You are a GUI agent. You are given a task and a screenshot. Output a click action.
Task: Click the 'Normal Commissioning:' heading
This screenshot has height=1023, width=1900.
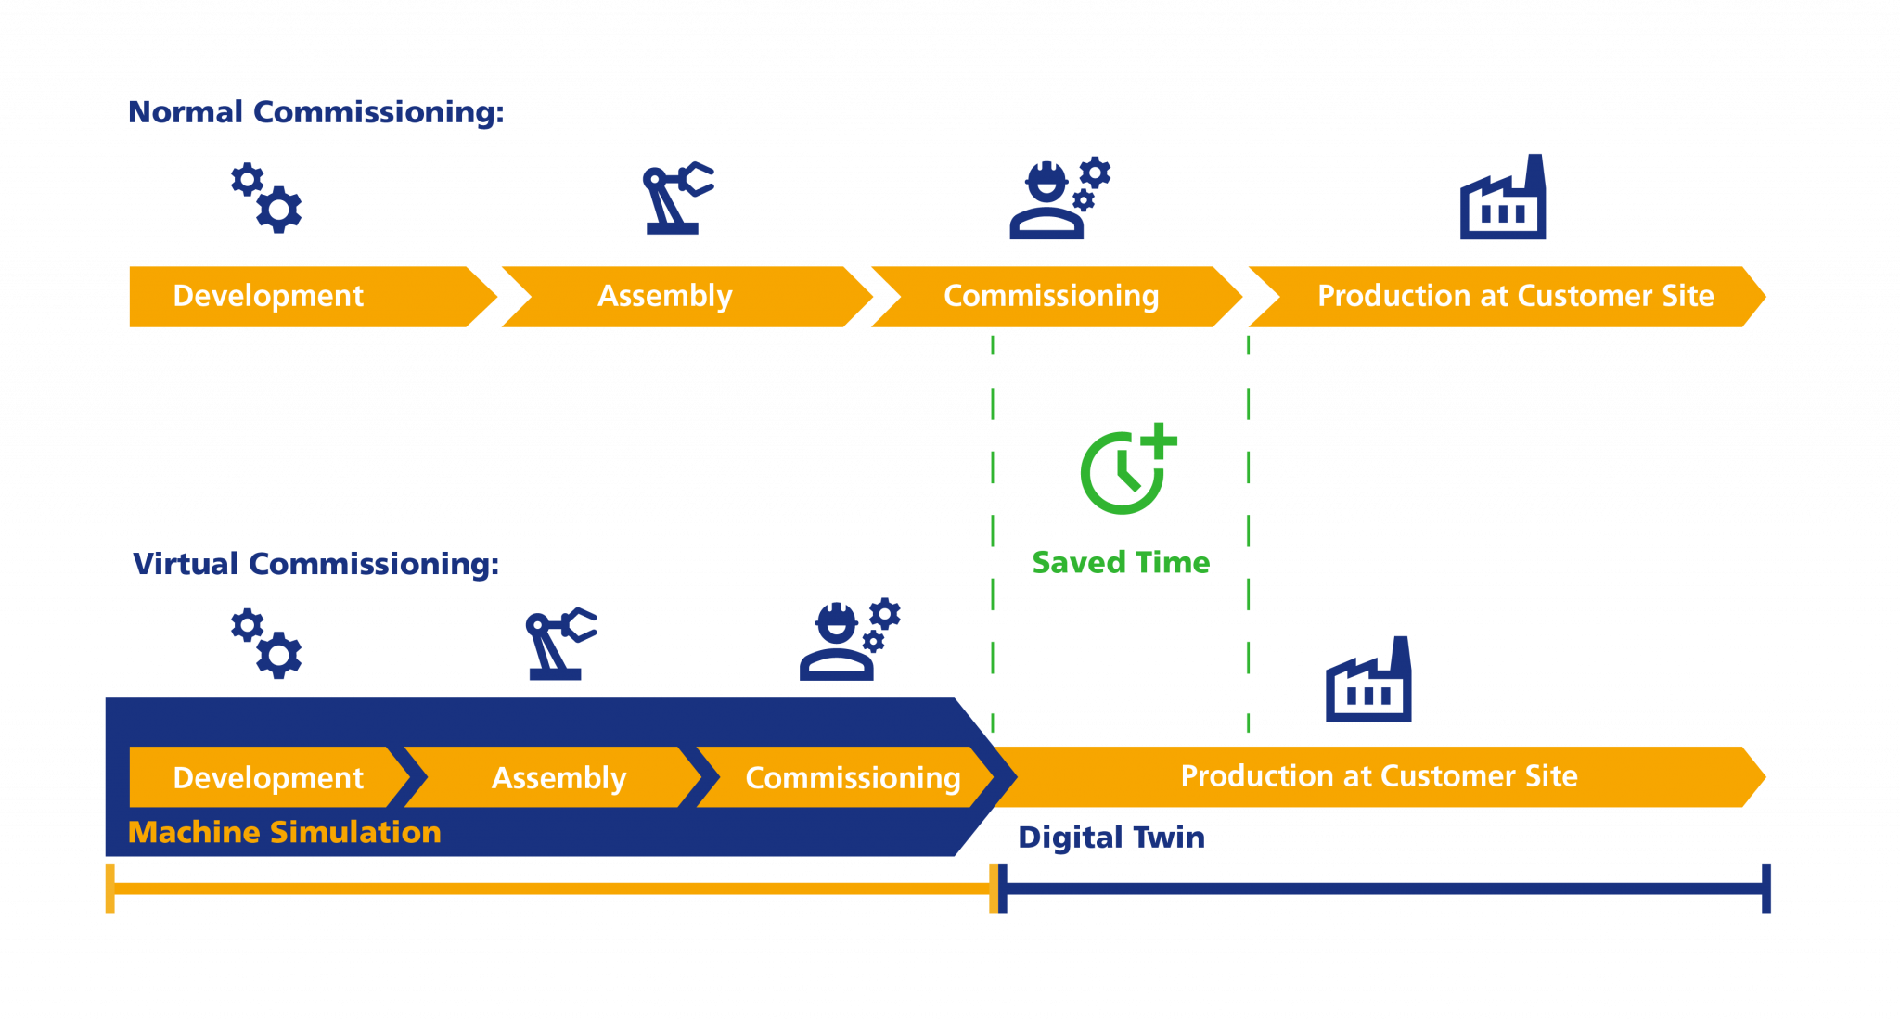click(x=315, y=112)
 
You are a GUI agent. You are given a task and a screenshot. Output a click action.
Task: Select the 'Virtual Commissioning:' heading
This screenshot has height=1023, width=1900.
click(x=315, y=564)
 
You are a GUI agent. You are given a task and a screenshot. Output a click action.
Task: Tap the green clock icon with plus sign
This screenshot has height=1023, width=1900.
click(x=1126, y=469)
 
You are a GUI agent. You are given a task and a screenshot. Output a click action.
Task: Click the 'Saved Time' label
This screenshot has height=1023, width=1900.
click(x=1121, y=562)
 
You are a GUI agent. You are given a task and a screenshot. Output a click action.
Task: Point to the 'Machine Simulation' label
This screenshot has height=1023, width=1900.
click(x=284, y=832)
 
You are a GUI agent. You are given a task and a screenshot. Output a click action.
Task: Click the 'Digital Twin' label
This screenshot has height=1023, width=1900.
click(x=1110, y=837)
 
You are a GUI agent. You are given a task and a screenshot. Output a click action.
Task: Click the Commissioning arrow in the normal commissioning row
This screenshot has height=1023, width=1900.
click(x=1051, y=296)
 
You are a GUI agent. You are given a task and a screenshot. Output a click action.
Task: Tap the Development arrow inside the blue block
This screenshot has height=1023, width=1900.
click(x=267, y=777)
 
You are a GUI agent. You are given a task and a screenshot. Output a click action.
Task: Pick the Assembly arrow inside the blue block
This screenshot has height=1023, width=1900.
click(x=558, y=777)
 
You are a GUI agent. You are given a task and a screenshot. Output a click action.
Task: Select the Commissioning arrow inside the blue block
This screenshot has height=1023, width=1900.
click(x=852, y=777)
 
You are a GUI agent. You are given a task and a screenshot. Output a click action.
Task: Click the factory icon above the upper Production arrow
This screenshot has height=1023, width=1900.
click(x=1502, y=199)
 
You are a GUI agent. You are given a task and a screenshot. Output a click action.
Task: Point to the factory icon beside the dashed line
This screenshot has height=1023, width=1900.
click(x=1368, y=682)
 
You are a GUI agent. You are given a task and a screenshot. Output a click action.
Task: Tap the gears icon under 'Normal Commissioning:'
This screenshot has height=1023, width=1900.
click(x=266, y=198)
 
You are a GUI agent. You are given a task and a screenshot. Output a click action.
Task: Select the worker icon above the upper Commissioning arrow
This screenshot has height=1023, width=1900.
click(x=1058, y=198)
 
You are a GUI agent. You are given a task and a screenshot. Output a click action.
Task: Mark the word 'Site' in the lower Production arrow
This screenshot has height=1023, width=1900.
click(x=1551, y=775)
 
